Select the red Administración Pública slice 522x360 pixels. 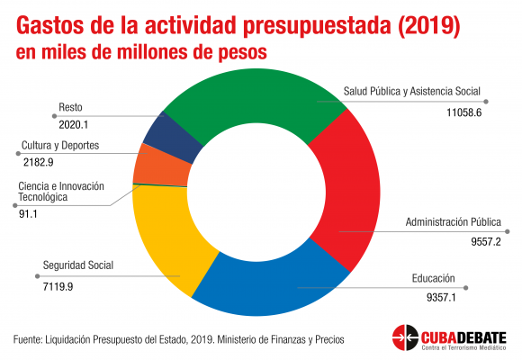pyautogui.click(x=349, y=190)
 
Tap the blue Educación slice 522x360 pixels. pyautogui.click(x=270, y=286)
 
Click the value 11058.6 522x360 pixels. pyautogui.click(x=463, y=112)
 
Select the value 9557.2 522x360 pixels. pyautogui.click(x=485, y=241)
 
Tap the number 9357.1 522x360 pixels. pyautogui.click(x=441, y=297)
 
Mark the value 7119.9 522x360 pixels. pyautogui.click(x=58, y=286)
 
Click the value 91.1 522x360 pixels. pyautogui.click(x=28, y=214)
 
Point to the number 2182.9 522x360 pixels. pyautogui.click(x=39, y=162)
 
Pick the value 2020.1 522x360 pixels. pyautogui.click(x=73, y=124)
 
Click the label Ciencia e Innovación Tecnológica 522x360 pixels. pyautogui.click(x=61, y=192)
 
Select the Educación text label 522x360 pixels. pyautogui.click(x=433, y=278)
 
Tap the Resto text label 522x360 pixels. pyautogui.click(x=70, y=107)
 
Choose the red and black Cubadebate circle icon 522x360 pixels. pyautogui.click(x=405, y=337)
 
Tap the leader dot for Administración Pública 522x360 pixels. pyautogui.click(x=507, y=231)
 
